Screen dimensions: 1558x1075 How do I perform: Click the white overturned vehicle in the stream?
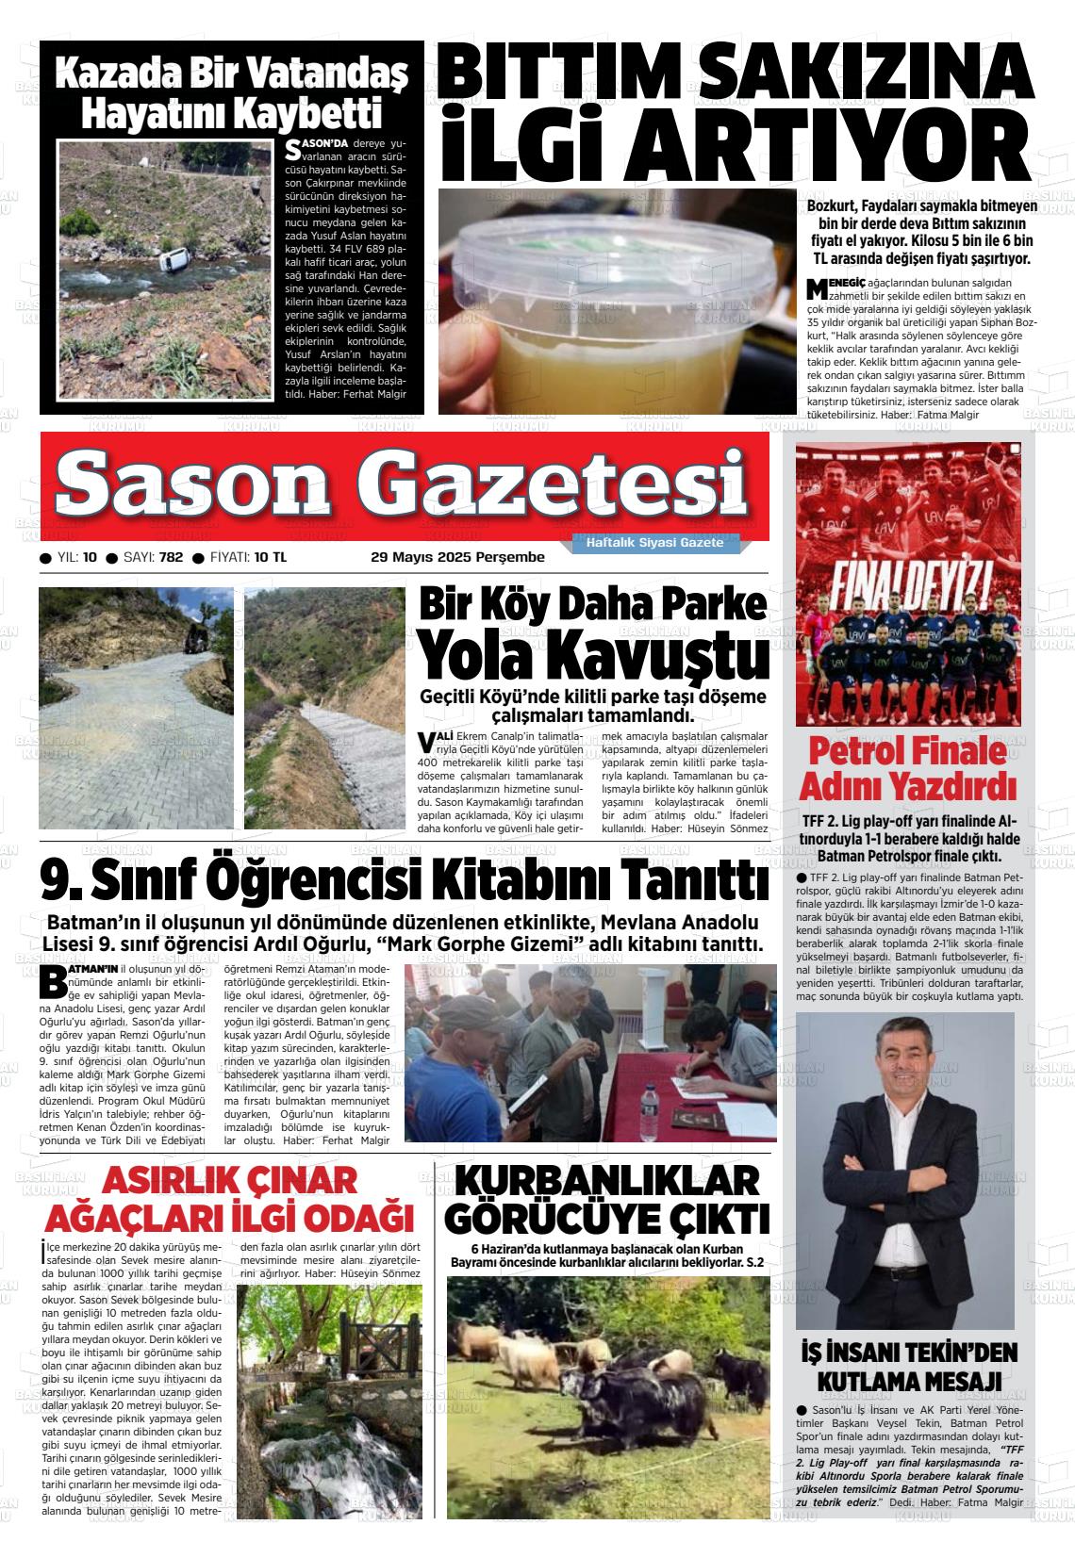coord(172,257)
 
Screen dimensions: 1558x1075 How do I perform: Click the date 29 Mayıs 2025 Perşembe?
coord(457,557)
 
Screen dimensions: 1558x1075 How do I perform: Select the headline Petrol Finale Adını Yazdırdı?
coord(907,768)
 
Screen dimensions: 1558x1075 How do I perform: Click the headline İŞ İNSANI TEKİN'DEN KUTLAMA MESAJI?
coord(907,1367)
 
